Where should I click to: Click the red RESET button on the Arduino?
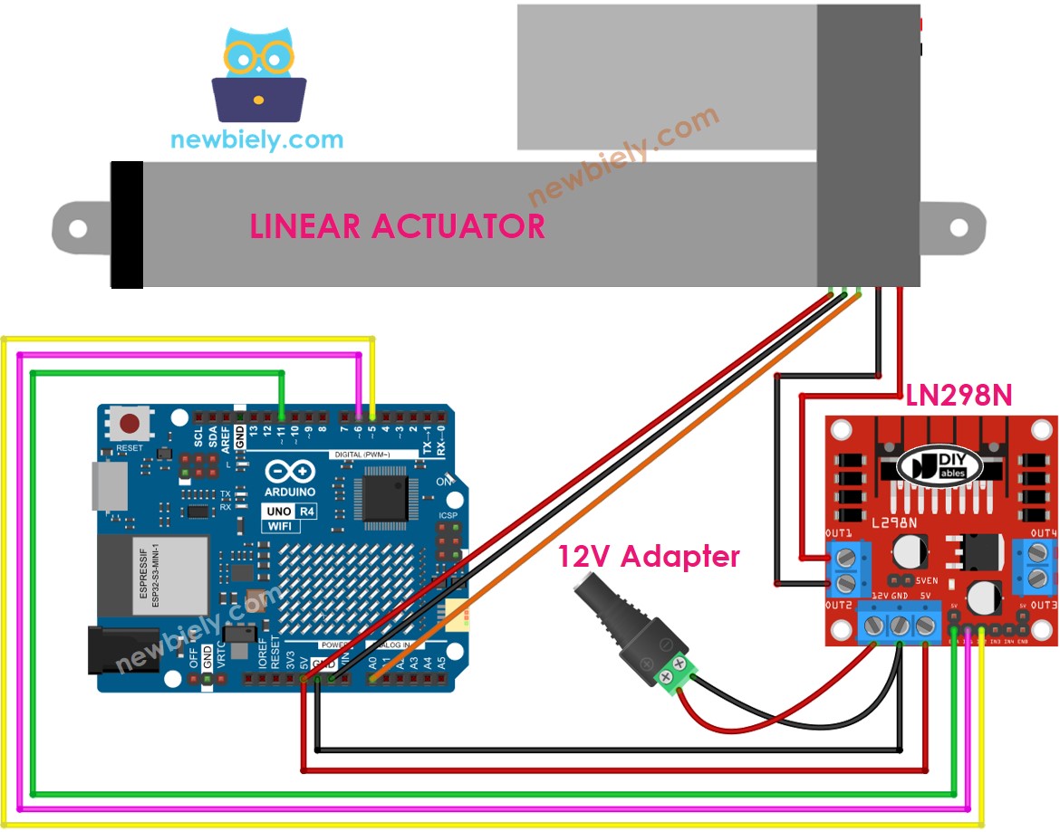pos(130,424)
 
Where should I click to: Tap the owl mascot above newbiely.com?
pos(258,77)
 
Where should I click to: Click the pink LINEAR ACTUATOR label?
pos(398,225)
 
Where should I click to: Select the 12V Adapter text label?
pos(648,556)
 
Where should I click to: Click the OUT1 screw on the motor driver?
pos(845,555)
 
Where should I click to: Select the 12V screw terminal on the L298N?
pos(874,625)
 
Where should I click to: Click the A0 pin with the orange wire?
pos(372,676)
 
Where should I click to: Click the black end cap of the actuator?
pos(127,225)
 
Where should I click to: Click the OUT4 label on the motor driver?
pos(1043,532)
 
